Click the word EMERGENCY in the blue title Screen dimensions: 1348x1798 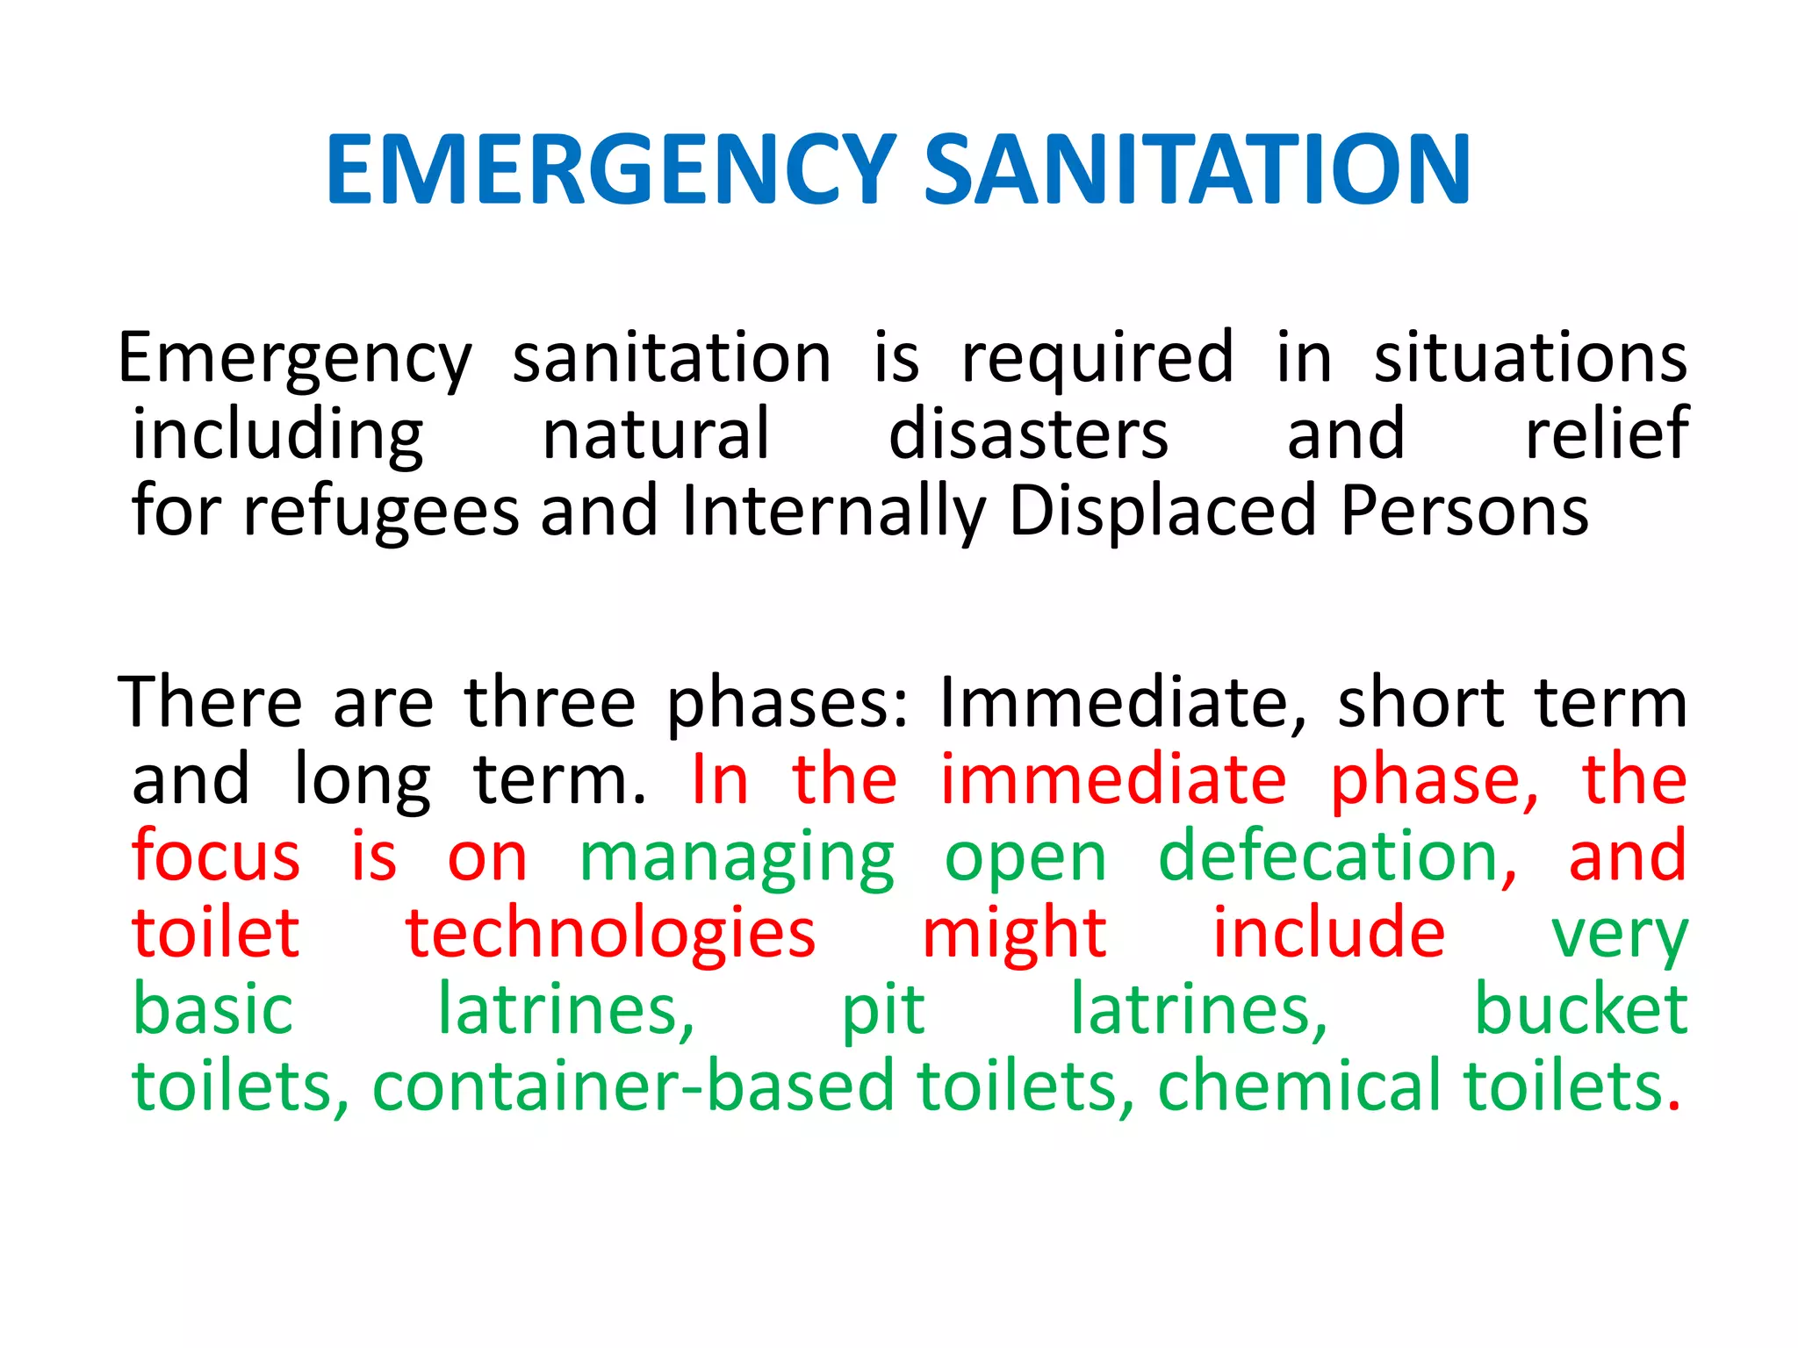click(x=611, y=169)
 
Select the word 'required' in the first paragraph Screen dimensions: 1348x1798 click(x=1097, y=358)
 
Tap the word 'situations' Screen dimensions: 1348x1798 click(x=1529, y=358)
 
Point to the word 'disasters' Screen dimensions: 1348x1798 click(x=1028, y=434)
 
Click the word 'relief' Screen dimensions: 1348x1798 click(x=1606, y=434)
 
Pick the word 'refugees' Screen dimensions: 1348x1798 click(x=381, y=512)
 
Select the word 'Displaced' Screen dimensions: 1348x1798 click(x=1162, y=512)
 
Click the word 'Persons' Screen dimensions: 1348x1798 click(x=1464, y=512)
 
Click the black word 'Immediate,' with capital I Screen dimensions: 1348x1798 click(x=1123, y=704)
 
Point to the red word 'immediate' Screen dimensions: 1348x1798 click(x=1112, y=780)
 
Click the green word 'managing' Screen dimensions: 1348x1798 click(x=737, y=857)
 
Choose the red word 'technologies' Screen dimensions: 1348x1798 click(x=610, y=934)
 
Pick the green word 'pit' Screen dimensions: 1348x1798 click(x=882, y=1011)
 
